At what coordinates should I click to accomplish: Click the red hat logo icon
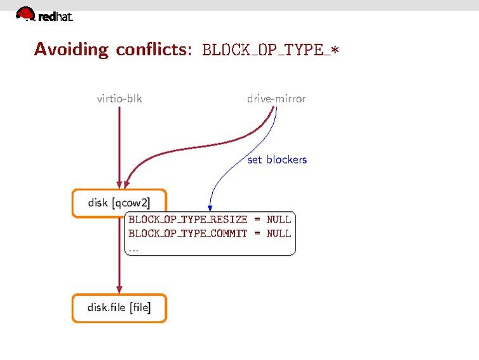pos(25,13)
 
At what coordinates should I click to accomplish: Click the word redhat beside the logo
pos(56,17)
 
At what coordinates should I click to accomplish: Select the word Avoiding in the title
pos(71,50)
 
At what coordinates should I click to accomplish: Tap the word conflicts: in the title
pos(154,49)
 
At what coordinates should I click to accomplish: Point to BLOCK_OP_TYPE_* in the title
pos(271,50)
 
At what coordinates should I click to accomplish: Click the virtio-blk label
pos(119,99)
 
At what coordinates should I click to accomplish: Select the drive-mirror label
pos(276,99)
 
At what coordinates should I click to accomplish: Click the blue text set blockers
pos(277,160)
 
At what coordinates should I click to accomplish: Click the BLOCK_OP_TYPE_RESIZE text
pos(188,219)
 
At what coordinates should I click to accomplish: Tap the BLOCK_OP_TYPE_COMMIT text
pos(187,233)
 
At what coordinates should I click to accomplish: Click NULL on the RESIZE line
pos(279,219)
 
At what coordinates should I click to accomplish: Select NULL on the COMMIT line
pos(279,233)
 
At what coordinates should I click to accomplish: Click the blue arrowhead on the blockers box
pos(210,208)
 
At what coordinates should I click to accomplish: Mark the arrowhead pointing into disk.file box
pos(119,289)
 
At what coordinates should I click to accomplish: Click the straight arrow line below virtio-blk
pos(119,147)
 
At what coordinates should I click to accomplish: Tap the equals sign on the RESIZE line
pos(257,219)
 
